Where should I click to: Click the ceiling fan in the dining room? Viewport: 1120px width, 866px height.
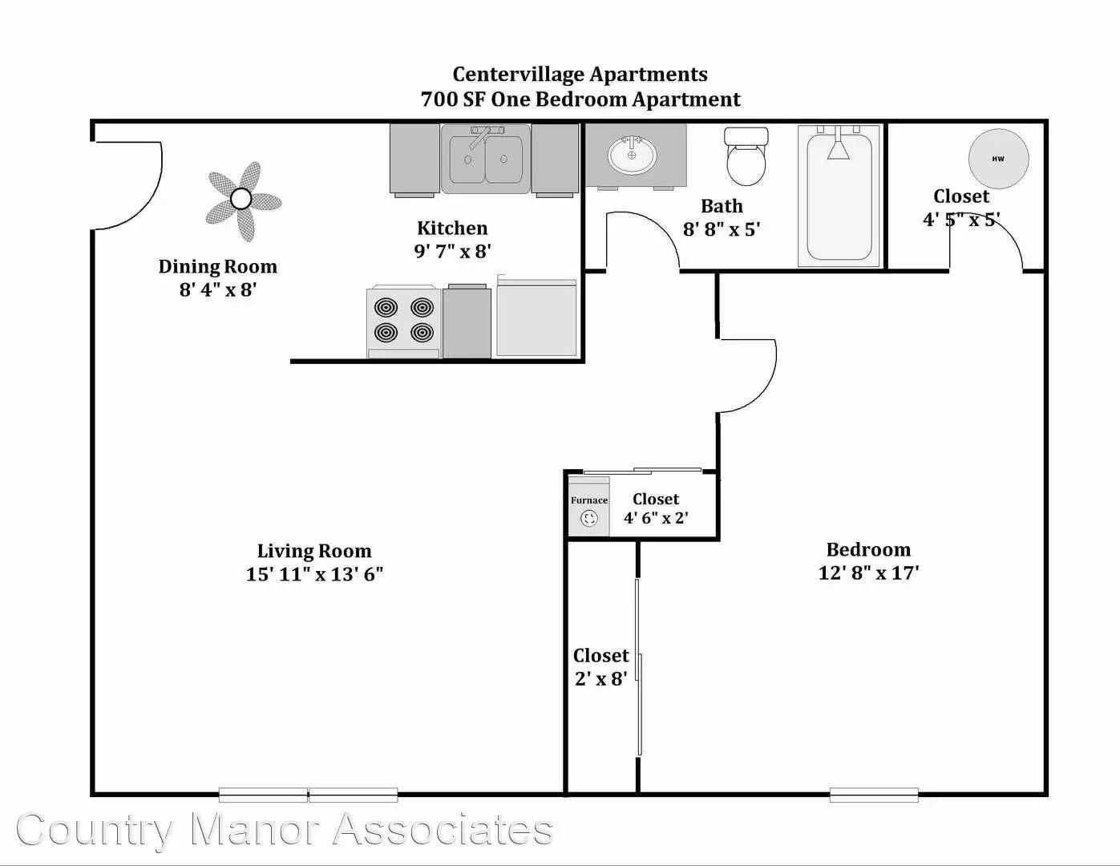point(241,199)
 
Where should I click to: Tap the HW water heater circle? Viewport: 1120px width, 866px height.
point(998,159)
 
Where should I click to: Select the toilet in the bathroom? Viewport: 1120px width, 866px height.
point(746,156)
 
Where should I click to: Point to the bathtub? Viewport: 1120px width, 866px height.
point(839,196)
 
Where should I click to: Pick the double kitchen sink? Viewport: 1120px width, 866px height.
point(486,158)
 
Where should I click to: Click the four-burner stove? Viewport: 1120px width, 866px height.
point(403,322)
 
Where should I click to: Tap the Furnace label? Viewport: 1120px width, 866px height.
point(589,500)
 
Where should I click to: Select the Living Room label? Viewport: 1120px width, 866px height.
point(314,551)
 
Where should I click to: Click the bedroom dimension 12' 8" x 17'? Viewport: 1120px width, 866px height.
point(868,573)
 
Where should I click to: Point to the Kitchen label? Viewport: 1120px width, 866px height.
point(452,228)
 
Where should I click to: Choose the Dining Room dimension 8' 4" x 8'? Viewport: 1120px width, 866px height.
point(218,289)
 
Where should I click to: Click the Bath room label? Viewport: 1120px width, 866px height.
point(722,206)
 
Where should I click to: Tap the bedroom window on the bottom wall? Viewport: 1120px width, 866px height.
point(874,795)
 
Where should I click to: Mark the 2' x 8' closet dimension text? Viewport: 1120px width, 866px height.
point(601,679)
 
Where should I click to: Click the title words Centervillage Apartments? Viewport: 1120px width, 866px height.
point(580,75)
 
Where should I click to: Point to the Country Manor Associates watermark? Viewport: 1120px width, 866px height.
point(285,829)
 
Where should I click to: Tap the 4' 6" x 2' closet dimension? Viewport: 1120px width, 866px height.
point(656,517)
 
